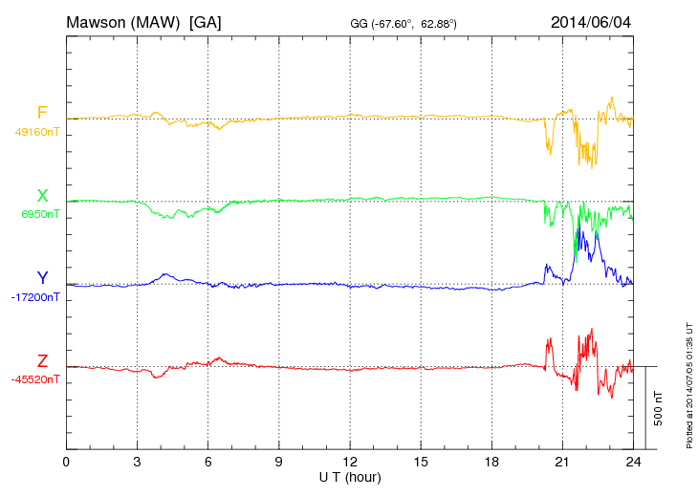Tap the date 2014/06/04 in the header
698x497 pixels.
click(590, 21)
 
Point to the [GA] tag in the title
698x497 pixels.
click(206, 21)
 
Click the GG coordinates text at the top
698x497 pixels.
click(404, 22)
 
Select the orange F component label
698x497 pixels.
click(42, 114)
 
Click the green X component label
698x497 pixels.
click(42, 196)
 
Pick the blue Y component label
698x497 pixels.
click(42, 278)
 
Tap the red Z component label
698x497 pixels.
click(42, 360)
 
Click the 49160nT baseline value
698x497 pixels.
click(37, 133)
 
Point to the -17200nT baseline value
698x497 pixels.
click(37, 297)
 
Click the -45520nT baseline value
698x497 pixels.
click(37, 379)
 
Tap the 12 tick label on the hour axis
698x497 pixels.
click(350, 463)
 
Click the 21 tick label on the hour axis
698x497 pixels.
click(562, 463)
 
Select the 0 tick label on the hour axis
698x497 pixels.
click(66, 463)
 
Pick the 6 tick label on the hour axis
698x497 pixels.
click(207, 463)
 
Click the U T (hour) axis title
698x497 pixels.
click(350, 476)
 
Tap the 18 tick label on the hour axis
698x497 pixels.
click(491, 463)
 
